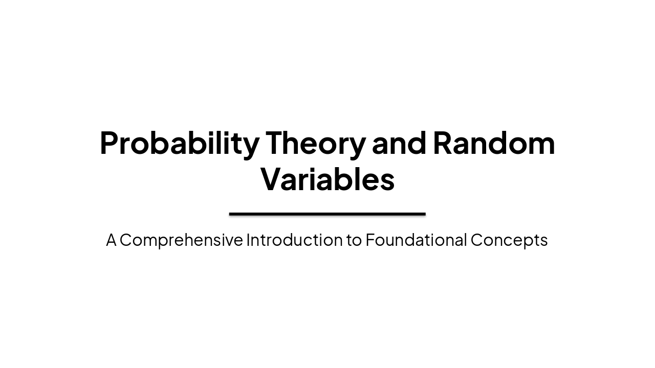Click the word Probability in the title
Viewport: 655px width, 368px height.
point(179,143)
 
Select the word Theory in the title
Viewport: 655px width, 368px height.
point(315,143)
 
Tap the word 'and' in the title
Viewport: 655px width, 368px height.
point(399,143)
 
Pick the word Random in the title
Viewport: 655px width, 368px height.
point(494,143)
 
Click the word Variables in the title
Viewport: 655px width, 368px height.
point(327,180)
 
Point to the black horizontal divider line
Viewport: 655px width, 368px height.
point(327,214)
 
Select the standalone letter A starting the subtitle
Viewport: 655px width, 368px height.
point(111,240)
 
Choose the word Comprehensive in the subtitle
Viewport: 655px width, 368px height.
point(181,240)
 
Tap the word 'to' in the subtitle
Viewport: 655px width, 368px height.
point(354,240)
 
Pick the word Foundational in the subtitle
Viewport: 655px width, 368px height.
point(416,240)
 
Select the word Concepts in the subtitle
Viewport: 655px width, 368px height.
point(509,240)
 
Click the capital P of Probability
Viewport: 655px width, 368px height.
point(110,143)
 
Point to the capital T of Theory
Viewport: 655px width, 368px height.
point(275,143)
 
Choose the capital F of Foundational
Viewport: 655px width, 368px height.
point(370,240)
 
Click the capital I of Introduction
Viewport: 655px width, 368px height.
point(248,240)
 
